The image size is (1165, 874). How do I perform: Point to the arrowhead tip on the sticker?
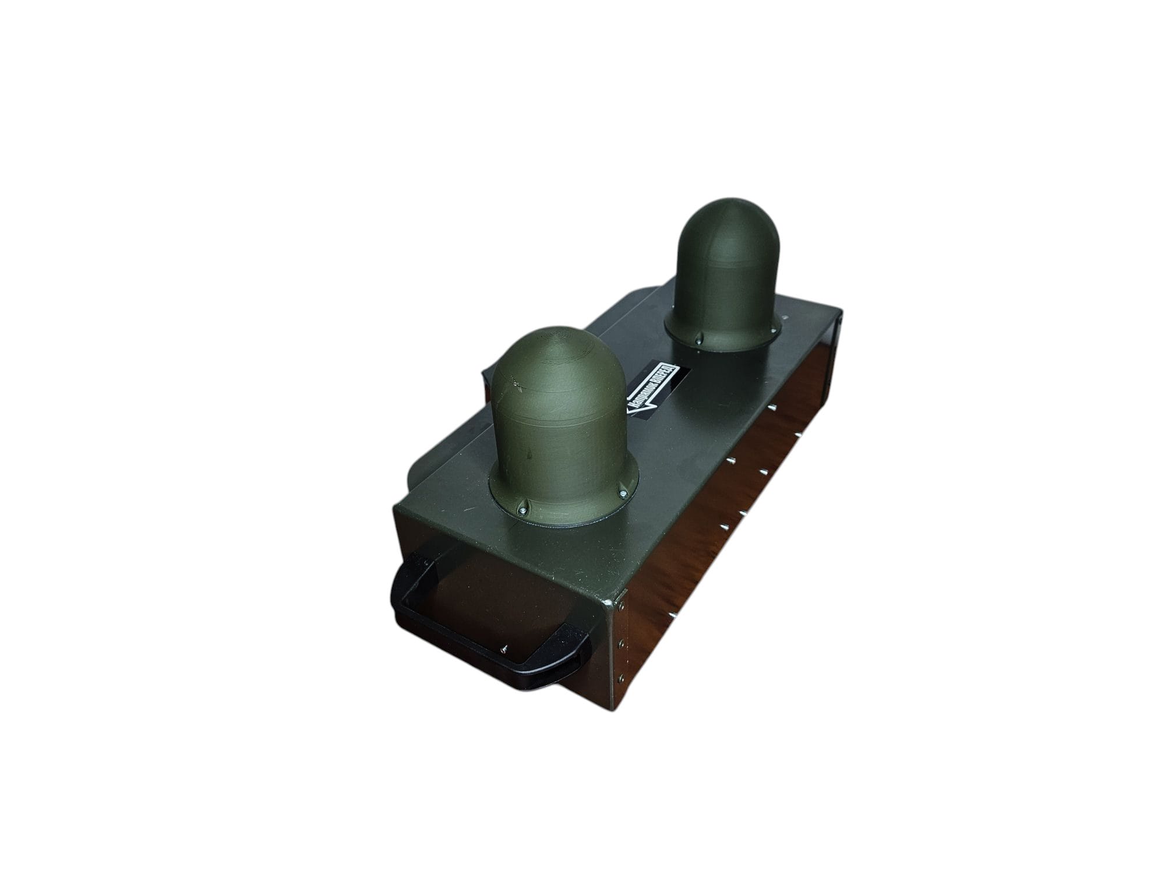point(627,410)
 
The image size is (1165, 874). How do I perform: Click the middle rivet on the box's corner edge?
point(622,643)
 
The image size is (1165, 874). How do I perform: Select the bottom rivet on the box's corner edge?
point(620,679)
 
